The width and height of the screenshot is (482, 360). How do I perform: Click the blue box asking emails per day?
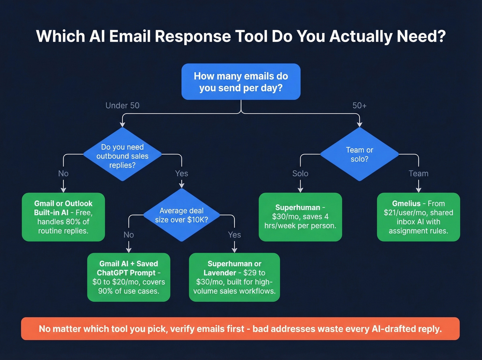pos(241,82)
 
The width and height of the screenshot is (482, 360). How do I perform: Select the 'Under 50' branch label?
pos(122,105)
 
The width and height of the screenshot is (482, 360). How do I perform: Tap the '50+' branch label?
pos(359,105)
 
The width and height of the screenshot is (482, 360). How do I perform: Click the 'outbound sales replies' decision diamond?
pos(122,156)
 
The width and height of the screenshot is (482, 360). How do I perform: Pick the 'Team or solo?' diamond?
pos(359,154)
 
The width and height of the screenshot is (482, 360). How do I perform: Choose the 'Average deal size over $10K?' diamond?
pos(181,215)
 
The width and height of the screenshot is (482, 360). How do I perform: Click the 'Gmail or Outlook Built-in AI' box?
pos(63,217)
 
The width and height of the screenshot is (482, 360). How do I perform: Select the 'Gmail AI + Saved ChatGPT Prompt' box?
pos(128,277)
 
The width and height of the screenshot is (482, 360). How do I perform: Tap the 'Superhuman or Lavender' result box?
pos(234,277)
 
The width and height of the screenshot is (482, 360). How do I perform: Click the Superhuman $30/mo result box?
pos(300,217)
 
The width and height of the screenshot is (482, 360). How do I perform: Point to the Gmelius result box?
pos(418,217)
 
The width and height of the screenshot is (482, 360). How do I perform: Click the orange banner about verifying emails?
pos(240,329)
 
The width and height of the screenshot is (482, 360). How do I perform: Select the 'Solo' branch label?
pos(300,174)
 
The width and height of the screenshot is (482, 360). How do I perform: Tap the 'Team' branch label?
pos(418,174)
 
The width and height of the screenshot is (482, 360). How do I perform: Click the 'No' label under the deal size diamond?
pos(128,235)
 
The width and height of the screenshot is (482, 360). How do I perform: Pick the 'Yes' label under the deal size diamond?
pos(234,235)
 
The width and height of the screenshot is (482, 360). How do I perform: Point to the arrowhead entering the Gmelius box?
pos(418,190)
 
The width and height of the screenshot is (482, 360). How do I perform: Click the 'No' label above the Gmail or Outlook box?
pos(63,174)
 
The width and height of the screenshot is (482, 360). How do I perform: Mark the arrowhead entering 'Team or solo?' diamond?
pos(359,125)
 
